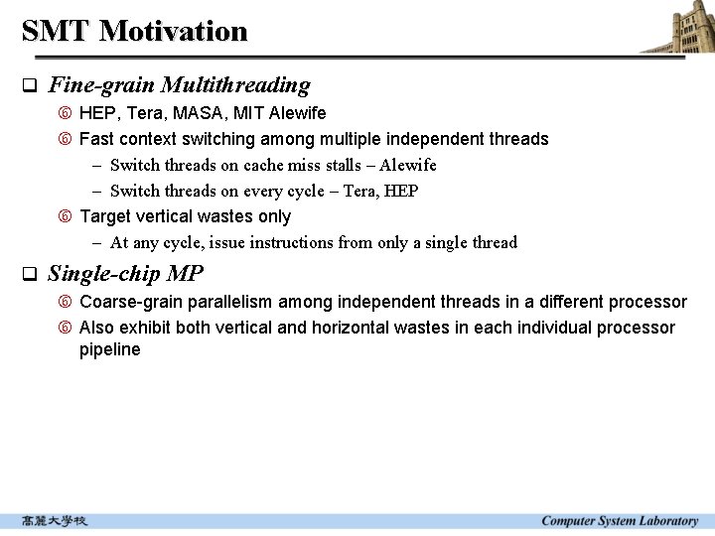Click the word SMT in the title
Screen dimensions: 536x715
click(x=56, y=31)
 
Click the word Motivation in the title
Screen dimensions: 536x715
click(x=173, y=31)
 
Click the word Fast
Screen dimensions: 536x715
click(x=97, y=139)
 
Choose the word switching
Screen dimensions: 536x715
click(x=216, y=139)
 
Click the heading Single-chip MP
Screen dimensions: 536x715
click(x=125, y=274)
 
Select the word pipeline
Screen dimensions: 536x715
click(x=110, y=349)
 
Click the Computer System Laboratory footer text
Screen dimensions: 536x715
click(x=620, y=521)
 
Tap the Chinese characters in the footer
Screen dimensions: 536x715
click(x=56, y=521)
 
